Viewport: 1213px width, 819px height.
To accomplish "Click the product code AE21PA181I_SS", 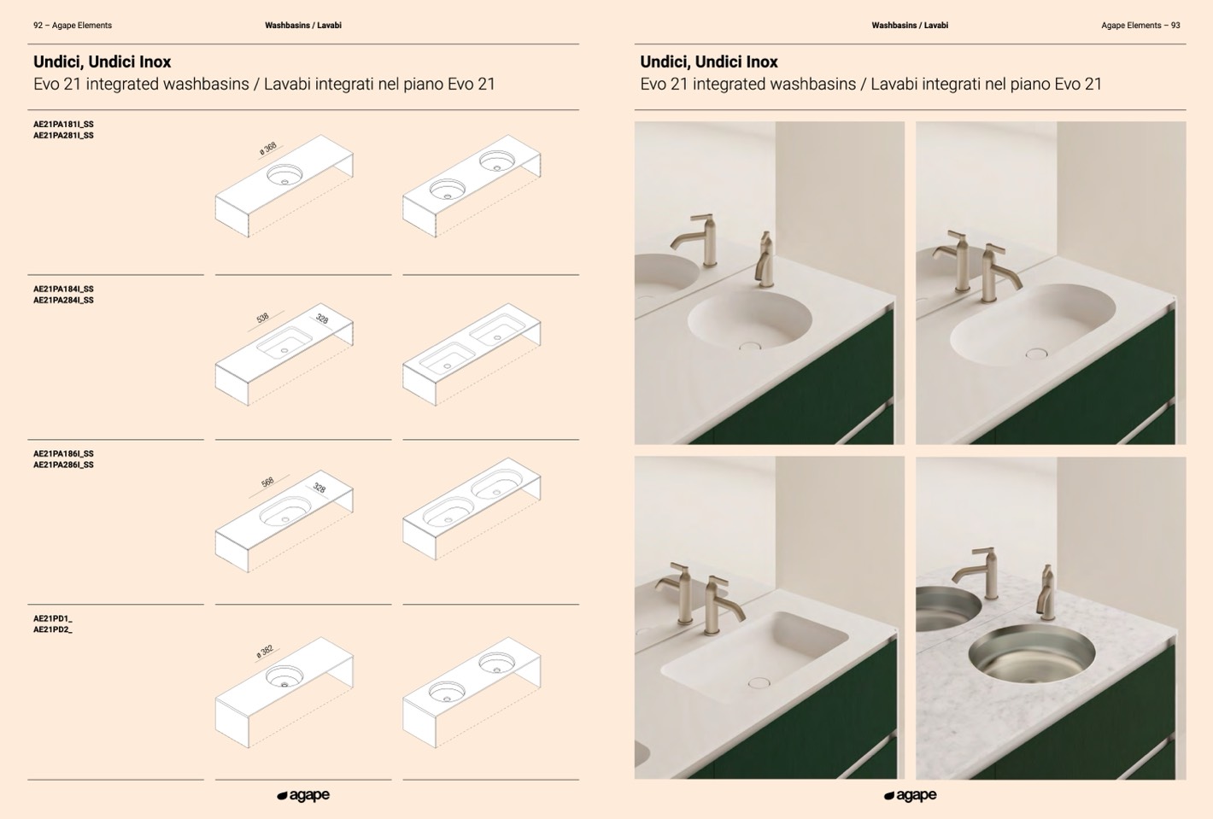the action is tap(63, 124).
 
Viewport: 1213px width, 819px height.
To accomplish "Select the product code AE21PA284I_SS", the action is tap(63, 300).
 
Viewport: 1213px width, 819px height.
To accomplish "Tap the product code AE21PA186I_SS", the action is tap(63, 453).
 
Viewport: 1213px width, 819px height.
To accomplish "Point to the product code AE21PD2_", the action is tap(52, 629).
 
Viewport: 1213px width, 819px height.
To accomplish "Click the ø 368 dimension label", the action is tap(268, 148).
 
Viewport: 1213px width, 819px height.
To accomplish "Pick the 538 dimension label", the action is tap(262, 318).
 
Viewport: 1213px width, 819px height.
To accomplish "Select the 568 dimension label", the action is tap(267, 483).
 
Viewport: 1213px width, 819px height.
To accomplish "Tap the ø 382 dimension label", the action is tap(265, 652).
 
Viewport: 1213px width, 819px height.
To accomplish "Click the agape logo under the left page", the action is tap(303, 796).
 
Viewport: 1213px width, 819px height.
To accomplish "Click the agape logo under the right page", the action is tap(911, 796).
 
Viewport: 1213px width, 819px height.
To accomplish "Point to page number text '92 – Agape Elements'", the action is tap(73, 26).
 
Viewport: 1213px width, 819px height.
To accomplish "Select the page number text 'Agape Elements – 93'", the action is tap(1140, 26).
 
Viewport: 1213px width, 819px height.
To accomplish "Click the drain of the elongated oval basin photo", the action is tap(1036, 354).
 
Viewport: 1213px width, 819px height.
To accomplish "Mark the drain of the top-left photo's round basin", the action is tap(750, 345).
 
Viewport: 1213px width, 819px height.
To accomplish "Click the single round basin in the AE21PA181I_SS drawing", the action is tap(284, 174).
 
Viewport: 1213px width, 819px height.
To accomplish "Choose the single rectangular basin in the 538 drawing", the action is tap(284, 342).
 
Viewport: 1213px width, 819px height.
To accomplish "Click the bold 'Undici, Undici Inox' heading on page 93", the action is tap(709, 62).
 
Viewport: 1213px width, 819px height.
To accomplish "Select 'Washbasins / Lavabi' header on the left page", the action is tap(303, 26).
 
